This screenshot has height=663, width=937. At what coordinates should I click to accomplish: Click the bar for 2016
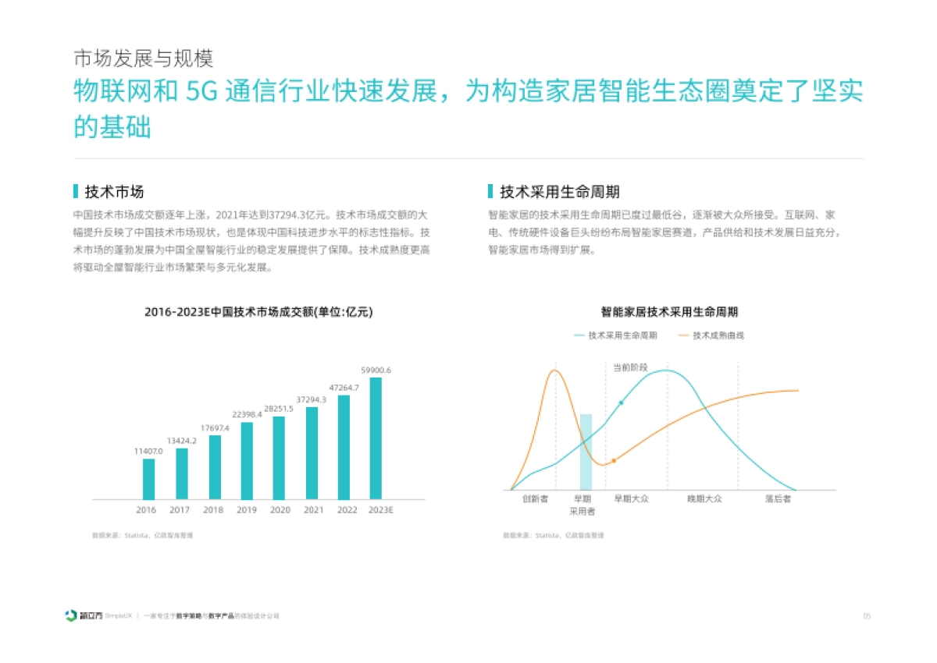(148, 479)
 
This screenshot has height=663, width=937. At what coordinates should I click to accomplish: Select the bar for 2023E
(376, 438)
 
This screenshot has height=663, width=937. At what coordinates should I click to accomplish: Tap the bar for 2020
(279, 458)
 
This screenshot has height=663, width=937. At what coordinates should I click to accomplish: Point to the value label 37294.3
(312, 399)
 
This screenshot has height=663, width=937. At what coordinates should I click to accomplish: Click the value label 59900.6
(376, 370)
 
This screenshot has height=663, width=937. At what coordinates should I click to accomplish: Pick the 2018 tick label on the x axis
(213, 510)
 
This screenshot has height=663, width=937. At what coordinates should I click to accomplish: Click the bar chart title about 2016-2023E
(258, 312)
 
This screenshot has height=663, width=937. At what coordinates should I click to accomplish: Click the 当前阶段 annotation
(629, 367)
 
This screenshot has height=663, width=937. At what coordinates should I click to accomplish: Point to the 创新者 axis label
(535, 498)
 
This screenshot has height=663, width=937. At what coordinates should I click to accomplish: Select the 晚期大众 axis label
(704, 498)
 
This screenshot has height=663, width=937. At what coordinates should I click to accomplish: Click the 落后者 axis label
(778, 498)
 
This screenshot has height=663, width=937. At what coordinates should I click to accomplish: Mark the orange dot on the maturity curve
(614, 461)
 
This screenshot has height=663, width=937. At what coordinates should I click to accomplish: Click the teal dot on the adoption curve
(621, 403)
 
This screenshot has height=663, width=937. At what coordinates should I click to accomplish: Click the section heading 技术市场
(114, 192)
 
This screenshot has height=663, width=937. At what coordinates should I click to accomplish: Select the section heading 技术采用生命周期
(559, 192)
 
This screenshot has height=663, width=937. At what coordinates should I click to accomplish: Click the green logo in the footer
(72, 616)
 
